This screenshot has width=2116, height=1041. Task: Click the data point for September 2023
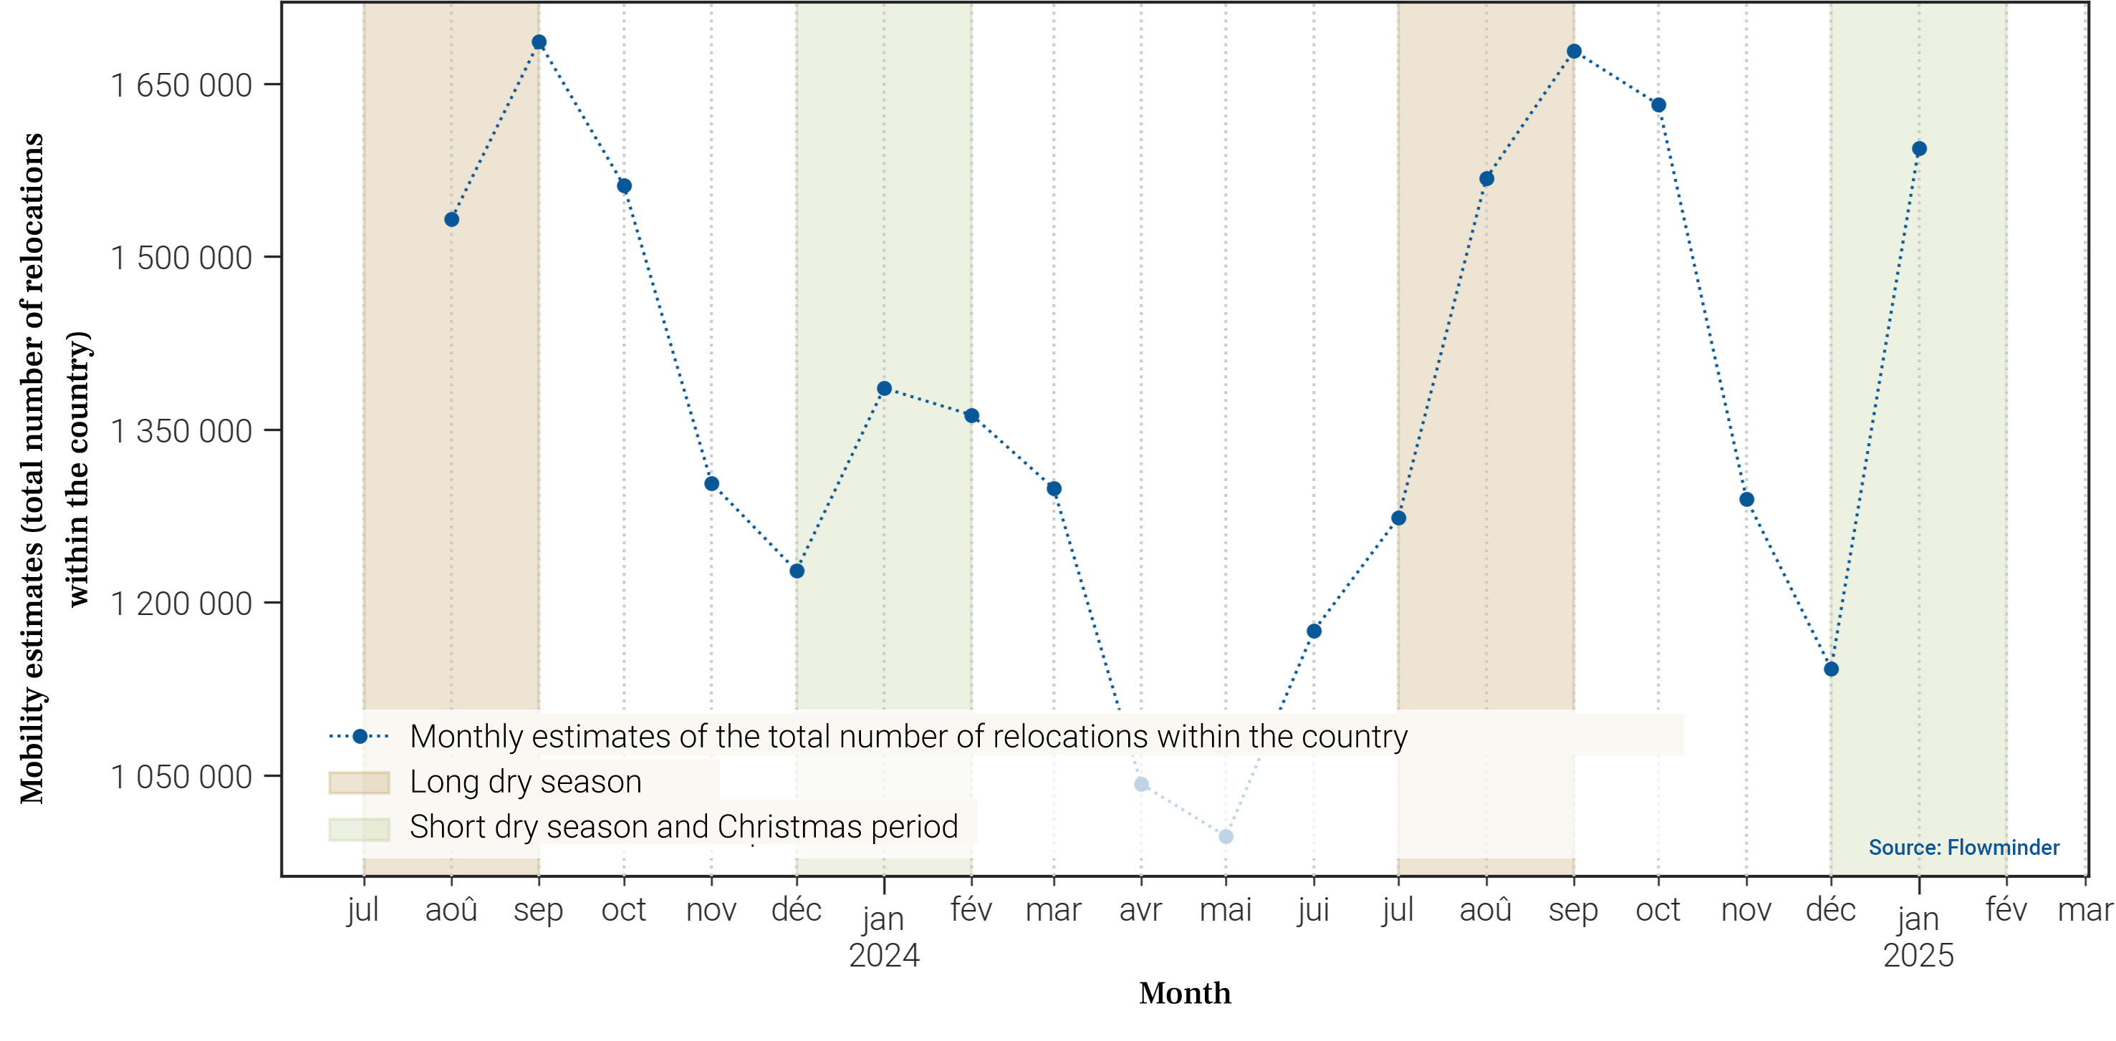pyautogui.click(x=539, y=42)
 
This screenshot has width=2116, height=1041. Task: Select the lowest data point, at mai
pyautogui.click(x=1226, y=836)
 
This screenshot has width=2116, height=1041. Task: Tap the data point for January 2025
pyautogui.click(x=1919, y=149)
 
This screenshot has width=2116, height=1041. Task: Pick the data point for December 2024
pyautogui.click(x=1831, y=669)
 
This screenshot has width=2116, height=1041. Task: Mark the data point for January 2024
pyautogui.click(x=884, y=388)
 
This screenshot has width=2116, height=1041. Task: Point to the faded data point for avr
pyautogui.click(x=1141, y=784)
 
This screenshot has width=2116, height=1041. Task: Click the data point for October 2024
pyautogui.click(x=1658, y=105)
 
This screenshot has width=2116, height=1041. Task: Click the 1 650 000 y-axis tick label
pyautogui.click(x=181, y=85)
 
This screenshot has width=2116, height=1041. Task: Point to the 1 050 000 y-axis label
pyautogui.click(x=181, y=777)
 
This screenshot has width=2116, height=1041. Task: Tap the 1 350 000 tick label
pyautogui.click(x=181, y=431)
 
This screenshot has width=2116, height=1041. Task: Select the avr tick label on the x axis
pyautogui.click(x=1140, y=910)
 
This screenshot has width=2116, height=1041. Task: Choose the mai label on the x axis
pyautogui.click(x=1226, y=910)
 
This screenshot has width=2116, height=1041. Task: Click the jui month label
pyautogui.click(x=1312, y=910)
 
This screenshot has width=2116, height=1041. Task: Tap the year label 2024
pyautogui.click(x=884, y=956)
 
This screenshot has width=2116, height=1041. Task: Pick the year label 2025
pyautogui.click(x=1918, y=956)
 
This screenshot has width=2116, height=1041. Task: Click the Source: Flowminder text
pyautogui.click(x=1963, y=847)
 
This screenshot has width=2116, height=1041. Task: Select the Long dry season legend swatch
pyautogui.click(x=359, y=783)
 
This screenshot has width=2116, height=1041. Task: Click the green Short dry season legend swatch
pyautogui.click(x=359, y=828)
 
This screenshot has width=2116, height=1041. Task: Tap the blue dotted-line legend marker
pyautogui.click(x=359, y=737)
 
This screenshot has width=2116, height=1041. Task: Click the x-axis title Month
pyautogui.click(x=1185, y=993)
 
